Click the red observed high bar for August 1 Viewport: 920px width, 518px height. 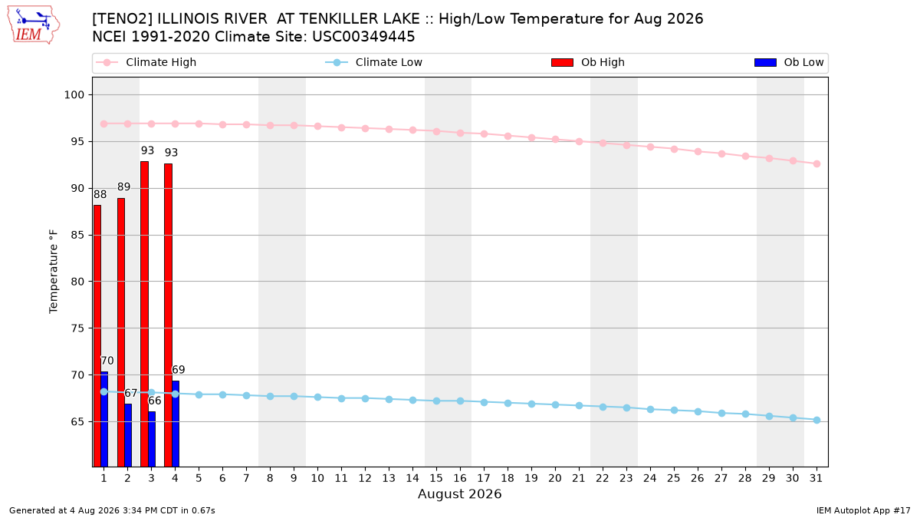coord(97,336)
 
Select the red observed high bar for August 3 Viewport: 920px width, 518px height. coord(145,314)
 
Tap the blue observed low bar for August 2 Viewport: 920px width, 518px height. coord(128,435)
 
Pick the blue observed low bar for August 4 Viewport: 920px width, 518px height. coord(176,424)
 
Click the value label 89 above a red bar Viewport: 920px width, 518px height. coord(123,187)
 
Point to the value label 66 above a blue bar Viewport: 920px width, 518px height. coord(154,401)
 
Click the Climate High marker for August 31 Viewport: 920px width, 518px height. coord(816,163)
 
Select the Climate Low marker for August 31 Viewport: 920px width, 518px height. coord(816,421)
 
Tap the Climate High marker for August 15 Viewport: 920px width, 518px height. coord(436,131)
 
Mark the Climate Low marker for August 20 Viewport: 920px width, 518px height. coord(555,405)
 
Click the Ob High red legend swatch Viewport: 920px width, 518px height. coord(562,62)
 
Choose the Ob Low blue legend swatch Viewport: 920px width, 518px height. coord(765,62)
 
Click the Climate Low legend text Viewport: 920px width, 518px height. coord(389,62)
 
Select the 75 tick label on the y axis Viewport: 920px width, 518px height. coord(77,328)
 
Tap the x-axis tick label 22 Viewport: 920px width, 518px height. coord(603,479)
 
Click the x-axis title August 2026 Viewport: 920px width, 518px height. coord(459,494)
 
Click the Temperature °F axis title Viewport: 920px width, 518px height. coord(54,272)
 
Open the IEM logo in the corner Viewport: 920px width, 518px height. coord(34,25)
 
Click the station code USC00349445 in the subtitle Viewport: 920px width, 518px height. coord(363,37)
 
